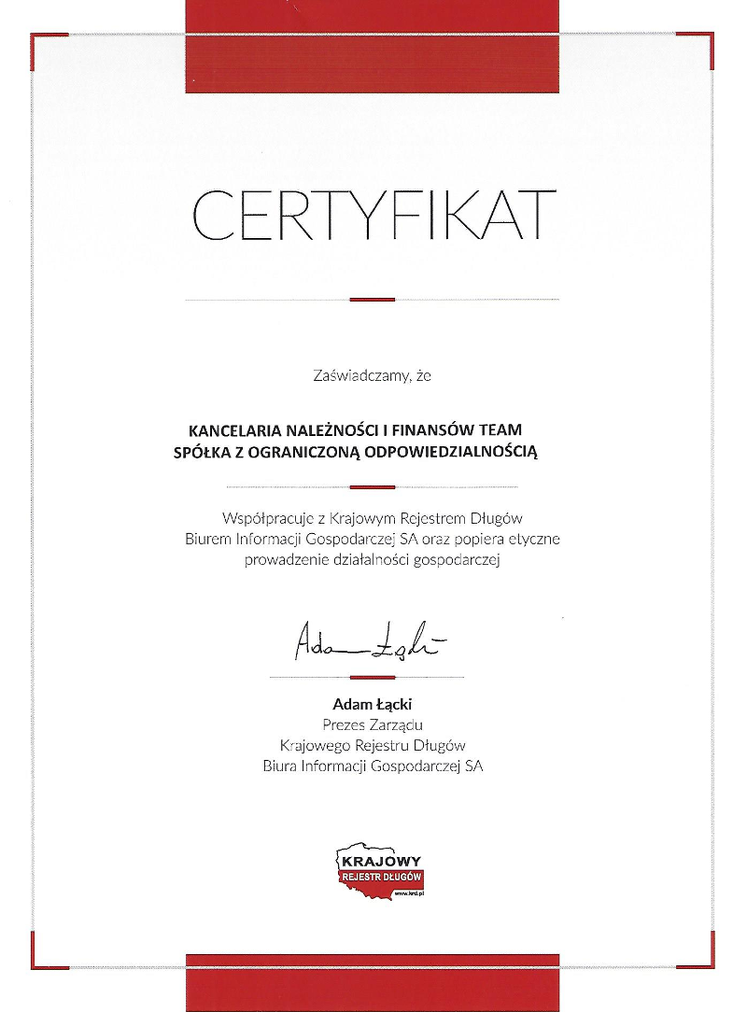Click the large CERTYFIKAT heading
coord(373,214)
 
